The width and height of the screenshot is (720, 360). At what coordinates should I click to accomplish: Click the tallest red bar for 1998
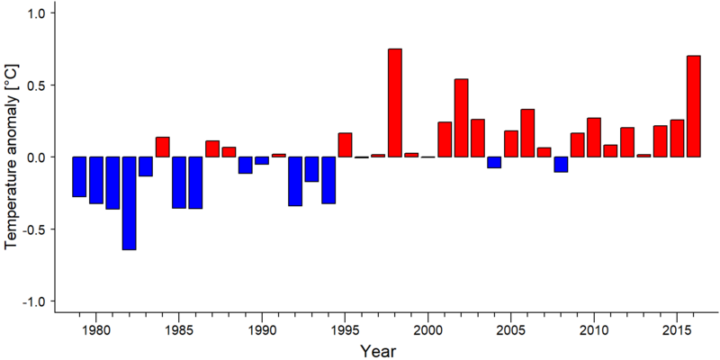pyautogui.click(x=395, y=103)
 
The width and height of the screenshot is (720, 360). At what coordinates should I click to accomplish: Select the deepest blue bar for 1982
pyautogui.click(x=129, y=203)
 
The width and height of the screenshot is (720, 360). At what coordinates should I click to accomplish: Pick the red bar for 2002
pyautogui.click(x=462, y=118)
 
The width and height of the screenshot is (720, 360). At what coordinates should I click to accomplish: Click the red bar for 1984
pyautogui.click(x=163, y=147)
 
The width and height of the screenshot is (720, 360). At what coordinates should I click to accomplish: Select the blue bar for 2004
pyautogui.click(x=494, y=163)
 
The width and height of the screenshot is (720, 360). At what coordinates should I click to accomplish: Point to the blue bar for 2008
pyautogui.click(x=561, y=165)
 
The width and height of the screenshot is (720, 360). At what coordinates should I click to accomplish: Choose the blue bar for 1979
pyautogui.click(x=79, y=176)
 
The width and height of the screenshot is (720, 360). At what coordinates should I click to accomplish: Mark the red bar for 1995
pyautogui.click(x=346, y=145)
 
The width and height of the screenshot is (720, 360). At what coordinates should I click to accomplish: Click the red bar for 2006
pyautogui.click(x=527, y=133)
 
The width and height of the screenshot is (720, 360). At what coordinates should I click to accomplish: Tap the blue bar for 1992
pyautogui.click(x=295, y=182)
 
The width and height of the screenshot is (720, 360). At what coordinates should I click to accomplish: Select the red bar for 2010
pyautogui.click(x=594, y=138)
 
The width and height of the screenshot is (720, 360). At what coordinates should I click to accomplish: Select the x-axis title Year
pyautogui.click(x=378, y=351)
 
